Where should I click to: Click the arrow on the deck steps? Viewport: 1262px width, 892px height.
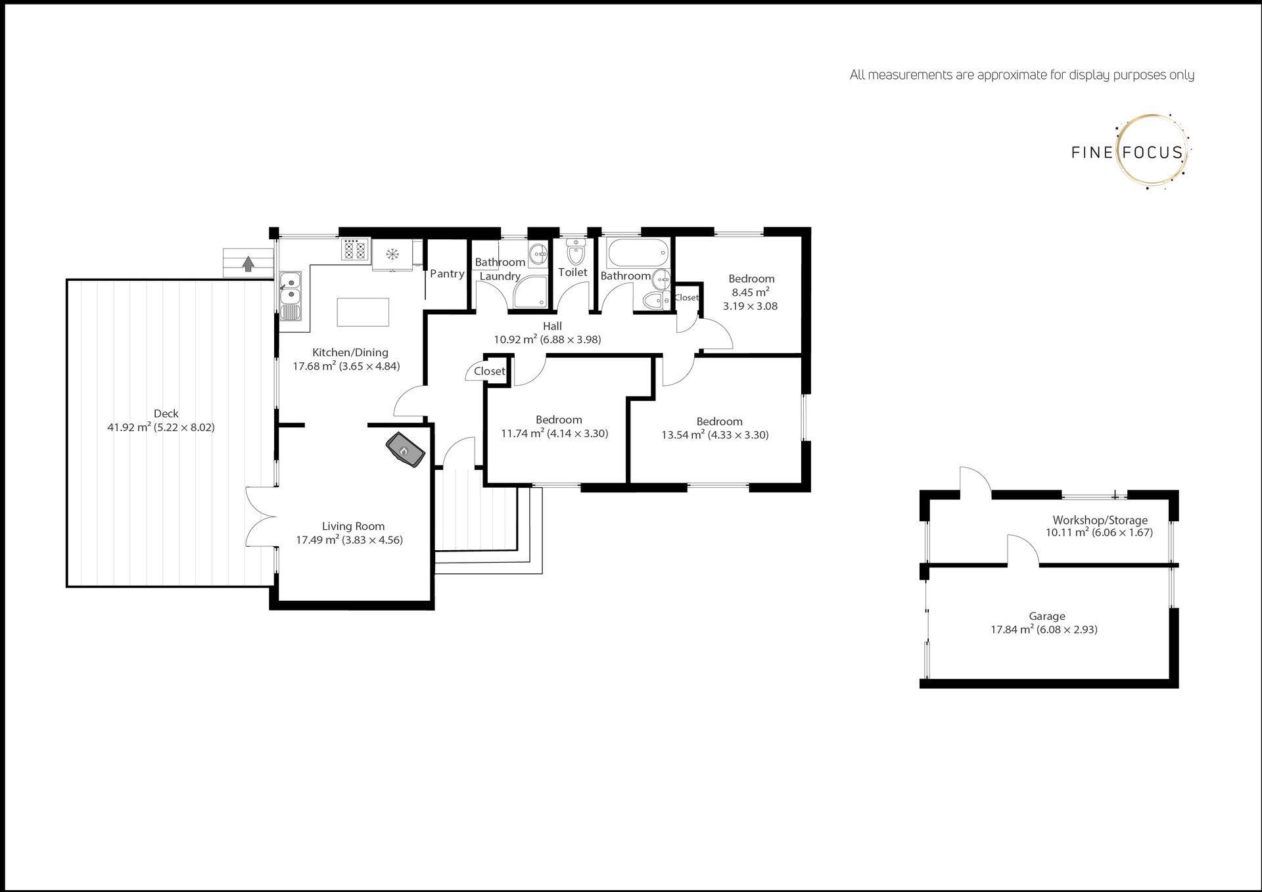248,264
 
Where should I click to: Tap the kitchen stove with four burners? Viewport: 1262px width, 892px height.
355,250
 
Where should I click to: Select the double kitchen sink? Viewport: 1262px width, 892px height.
290,296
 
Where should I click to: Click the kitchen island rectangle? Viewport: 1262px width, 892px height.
363,312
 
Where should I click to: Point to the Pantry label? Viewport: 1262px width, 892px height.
447,274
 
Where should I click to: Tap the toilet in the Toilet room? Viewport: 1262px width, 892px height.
576,251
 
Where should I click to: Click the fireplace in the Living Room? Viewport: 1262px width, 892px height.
405,450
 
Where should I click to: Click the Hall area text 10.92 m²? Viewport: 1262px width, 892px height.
516,339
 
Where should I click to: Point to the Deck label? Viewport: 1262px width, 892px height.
166,413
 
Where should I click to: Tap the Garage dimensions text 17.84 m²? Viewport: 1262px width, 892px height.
1012,629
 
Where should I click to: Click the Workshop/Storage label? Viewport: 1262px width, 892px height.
1100,520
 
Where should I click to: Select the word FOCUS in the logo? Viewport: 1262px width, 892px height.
1152,153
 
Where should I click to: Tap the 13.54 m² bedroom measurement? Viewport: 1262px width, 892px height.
683,434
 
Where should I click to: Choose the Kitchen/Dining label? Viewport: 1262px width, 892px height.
350,352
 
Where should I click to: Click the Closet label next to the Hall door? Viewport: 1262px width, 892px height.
489,371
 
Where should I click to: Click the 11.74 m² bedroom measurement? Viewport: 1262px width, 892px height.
523,433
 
